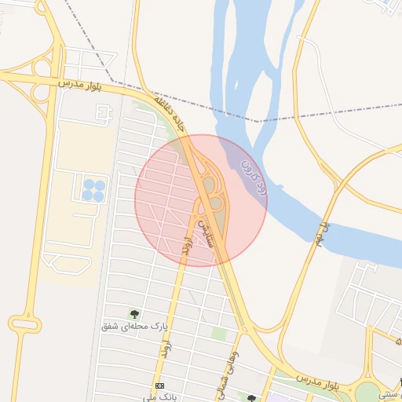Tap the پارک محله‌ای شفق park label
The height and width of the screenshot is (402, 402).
coord(136,325)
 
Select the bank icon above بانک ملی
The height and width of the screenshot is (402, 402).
coord(161,386)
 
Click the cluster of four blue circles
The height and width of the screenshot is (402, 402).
coord(93,188)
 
